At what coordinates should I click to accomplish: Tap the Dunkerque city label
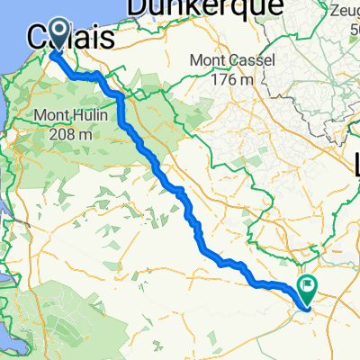[184, 8]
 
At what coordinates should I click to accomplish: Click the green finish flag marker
[309, 290]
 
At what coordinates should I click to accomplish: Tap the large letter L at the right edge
[355, 164]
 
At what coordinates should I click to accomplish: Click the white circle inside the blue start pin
[59, 31]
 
